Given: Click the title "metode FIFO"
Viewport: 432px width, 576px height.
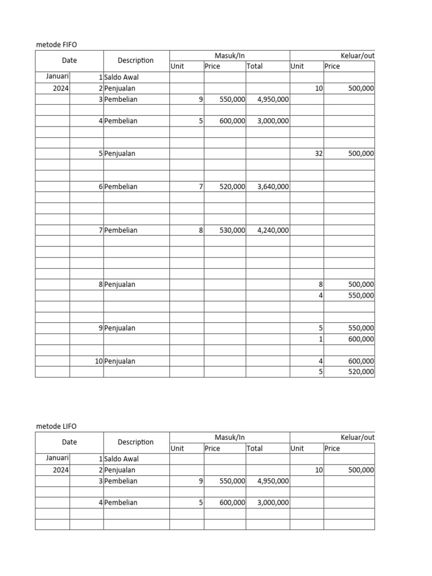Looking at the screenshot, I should (56, 44).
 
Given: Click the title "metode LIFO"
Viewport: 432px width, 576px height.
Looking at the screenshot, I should (56, 427).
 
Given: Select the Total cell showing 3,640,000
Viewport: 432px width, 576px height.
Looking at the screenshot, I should (273, 187).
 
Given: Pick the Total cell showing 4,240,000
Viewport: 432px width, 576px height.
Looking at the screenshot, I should (273, 230).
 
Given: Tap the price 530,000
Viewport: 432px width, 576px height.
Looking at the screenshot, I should (232, 230).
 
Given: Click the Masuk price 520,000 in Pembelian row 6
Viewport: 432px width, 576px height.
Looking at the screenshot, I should (232, 187).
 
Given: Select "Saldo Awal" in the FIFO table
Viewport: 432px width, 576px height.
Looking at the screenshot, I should (121, 77).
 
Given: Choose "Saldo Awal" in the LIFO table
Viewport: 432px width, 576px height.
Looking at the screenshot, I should (121, 459).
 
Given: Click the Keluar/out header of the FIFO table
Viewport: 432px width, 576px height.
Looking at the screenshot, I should (357, 56).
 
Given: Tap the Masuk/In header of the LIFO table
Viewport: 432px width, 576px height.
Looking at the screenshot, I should (229, 438).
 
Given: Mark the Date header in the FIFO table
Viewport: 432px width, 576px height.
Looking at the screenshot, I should (70, 61).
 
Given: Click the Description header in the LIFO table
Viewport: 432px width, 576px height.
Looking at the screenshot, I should (136, 442).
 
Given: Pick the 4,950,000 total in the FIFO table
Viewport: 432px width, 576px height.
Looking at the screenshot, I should (273, 100).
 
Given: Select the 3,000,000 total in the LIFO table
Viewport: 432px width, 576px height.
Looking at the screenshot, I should (273, 503).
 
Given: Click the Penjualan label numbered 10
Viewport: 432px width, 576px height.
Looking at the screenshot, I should (120, 361).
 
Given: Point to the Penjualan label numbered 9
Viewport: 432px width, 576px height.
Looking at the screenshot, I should (120, 328).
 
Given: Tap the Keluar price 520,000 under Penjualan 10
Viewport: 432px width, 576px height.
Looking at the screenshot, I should (361, 372).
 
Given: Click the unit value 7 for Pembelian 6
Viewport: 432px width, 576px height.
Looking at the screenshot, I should (201, 187).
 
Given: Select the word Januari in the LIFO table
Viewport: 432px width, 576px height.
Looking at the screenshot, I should (57, 458).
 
